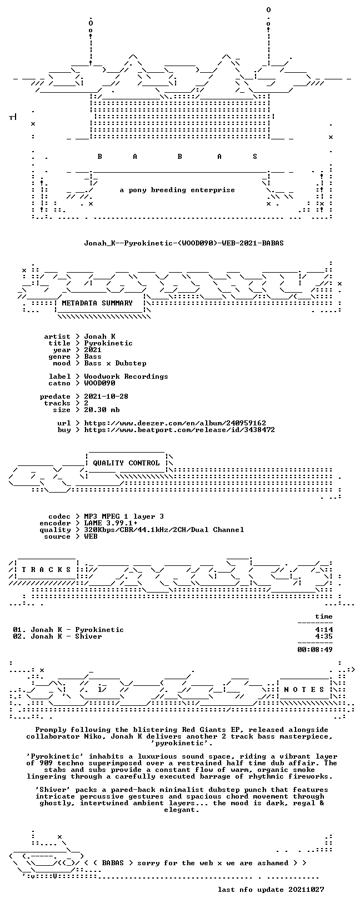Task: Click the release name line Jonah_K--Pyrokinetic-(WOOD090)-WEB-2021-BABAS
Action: click(x=183, y=243)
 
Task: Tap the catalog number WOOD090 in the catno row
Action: click(x=99, y=383)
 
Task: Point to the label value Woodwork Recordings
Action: click(x=126, y=377)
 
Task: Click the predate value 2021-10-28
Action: click(x=106, y=397)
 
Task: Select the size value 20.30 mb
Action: click(x=102, y=410)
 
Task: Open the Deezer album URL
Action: click(x=175, y=423)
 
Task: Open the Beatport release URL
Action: click(x=179, y=430)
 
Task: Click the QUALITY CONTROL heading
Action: click(x=126, y=463)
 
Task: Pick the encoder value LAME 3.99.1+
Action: click(x=111, y=523)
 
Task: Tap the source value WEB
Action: click(x=91, y=537)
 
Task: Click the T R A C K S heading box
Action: click(x=46, y=570)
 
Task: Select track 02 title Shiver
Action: click(x=88, y=636)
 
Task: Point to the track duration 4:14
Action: click(x=324, y=630)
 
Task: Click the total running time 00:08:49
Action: click(x=315, y=650)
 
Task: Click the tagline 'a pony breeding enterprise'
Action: click(x=177, y=190)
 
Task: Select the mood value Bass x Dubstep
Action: click(x=115, y=363)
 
